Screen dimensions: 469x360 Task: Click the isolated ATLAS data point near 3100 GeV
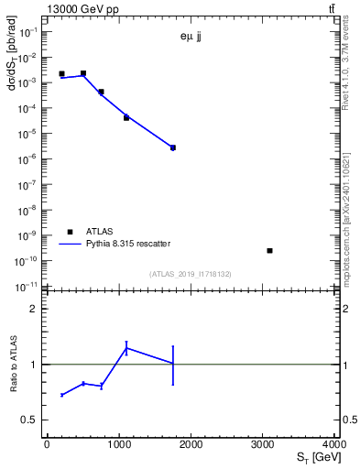tap(269, 250)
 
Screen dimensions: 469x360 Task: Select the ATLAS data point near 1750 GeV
tap(172, 147)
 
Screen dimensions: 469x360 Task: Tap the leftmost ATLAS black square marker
tap(61, 73)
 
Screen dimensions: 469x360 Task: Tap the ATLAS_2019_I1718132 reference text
tap(190, 273)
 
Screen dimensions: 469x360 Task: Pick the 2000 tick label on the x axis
tap(191, 445)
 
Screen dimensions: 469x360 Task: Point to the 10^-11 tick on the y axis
tap(27, 287)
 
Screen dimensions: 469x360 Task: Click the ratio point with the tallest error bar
tap(172, 364)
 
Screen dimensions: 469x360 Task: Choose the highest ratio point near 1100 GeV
tap(126, 347)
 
